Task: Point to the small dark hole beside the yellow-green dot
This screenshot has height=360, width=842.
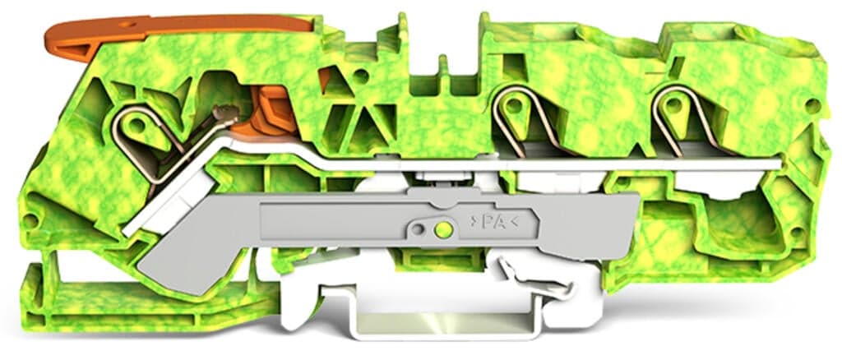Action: click(421, 228)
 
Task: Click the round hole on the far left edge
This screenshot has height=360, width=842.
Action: click(30, 220)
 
